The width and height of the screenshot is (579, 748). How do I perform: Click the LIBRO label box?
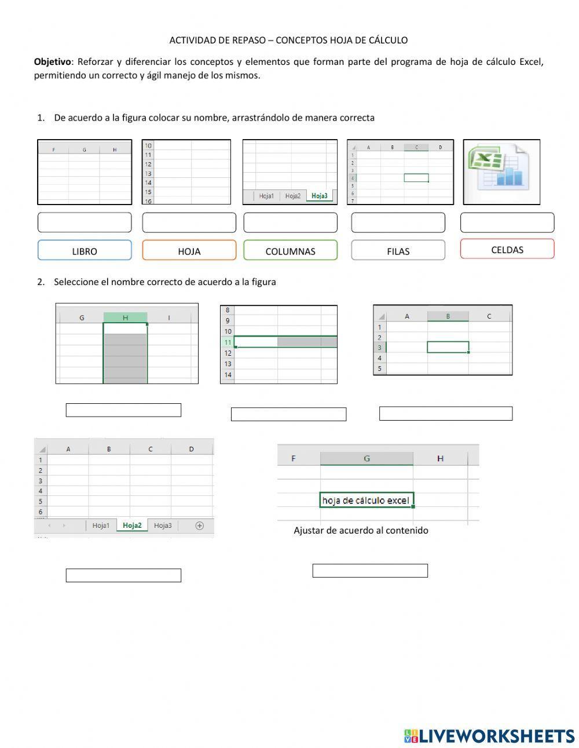point(85,251)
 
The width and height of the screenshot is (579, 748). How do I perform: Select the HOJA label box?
point(189,251)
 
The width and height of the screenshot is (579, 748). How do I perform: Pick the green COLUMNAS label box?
point(290,251)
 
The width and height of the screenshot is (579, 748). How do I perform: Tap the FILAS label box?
point(398,251)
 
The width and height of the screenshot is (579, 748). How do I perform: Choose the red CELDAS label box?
point(507,249)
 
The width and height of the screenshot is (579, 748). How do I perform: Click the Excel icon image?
point(501,172)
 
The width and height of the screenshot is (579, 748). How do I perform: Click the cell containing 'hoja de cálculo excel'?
point(366,500)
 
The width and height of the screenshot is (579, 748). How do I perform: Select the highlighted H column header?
point(125,318)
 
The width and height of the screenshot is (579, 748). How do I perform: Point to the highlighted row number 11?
point(228,342)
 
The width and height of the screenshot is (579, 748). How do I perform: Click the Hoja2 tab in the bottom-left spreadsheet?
point(132,526)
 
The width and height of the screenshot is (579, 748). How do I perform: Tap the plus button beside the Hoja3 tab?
point(200,526)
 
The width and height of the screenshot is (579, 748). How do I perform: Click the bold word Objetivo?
point(52,62)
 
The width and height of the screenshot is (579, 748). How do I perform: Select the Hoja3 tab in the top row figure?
point(320,196)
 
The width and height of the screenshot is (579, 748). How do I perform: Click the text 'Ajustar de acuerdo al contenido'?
point(361,530)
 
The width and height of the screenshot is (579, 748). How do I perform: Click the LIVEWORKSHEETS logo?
point(489,736)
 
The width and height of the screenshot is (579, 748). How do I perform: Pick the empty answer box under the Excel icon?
point(507,222)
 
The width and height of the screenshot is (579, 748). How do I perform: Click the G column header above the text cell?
point(367,458)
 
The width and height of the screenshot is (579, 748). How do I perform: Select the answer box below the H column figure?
point(123,410)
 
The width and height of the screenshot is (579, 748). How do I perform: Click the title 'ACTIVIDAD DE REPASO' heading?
point(288,40)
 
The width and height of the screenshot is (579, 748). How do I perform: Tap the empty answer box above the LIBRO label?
point(85,222)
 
